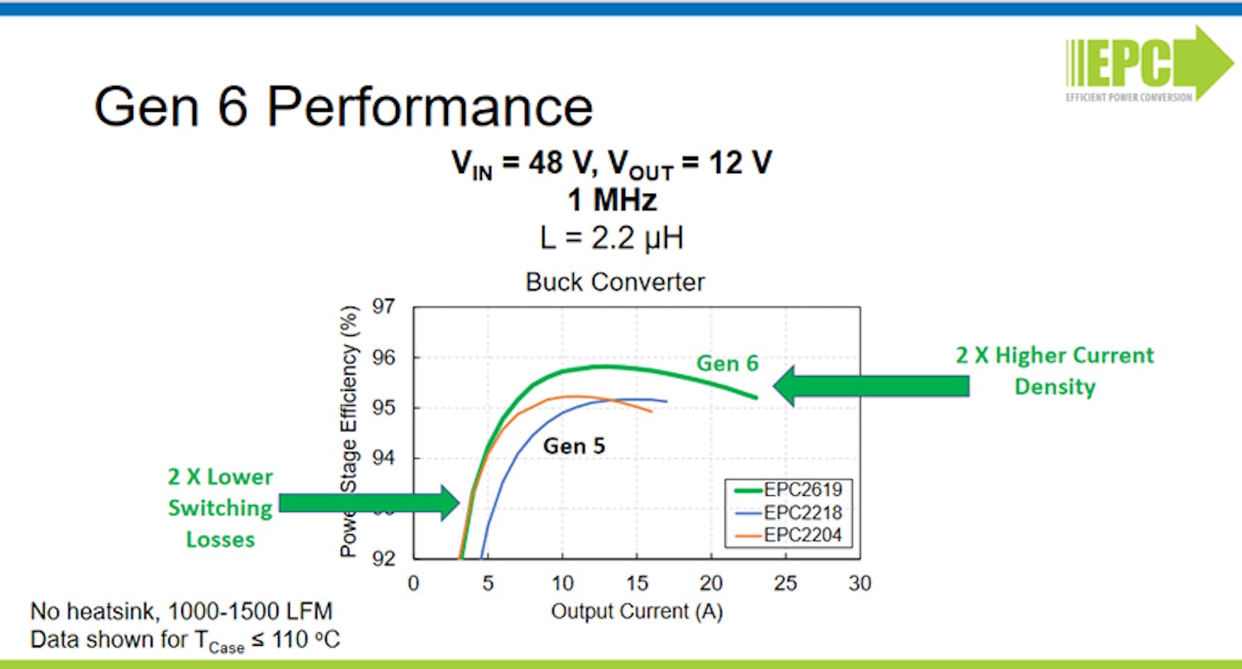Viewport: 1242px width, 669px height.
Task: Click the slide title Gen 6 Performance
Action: pos(343,107)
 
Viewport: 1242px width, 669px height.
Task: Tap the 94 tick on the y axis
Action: pos(386,459)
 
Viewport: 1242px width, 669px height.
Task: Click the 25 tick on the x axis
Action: pos(785,583)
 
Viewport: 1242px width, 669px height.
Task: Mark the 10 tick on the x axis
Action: pos(562,583)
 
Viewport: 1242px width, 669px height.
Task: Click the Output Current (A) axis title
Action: pos(636,611)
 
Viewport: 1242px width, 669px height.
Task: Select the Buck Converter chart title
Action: pos(615,282)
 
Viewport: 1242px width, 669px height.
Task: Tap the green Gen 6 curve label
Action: pos(727,363)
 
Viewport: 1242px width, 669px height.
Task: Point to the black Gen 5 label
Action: pos(574,446)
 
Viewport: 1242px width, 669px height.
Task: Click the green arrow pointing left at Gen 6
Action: pos(869,386)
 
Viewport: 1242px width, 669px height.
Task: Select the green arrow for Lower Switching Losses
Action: pos(368,502)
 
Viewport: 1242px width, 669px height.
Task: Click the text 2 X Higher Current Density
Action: pos(1054,370)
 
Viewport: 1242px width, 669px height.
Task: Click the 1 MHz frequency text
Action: pos(613,201)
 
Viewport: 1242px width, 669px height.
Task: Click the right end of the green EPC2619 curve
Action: pos(756,397)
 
